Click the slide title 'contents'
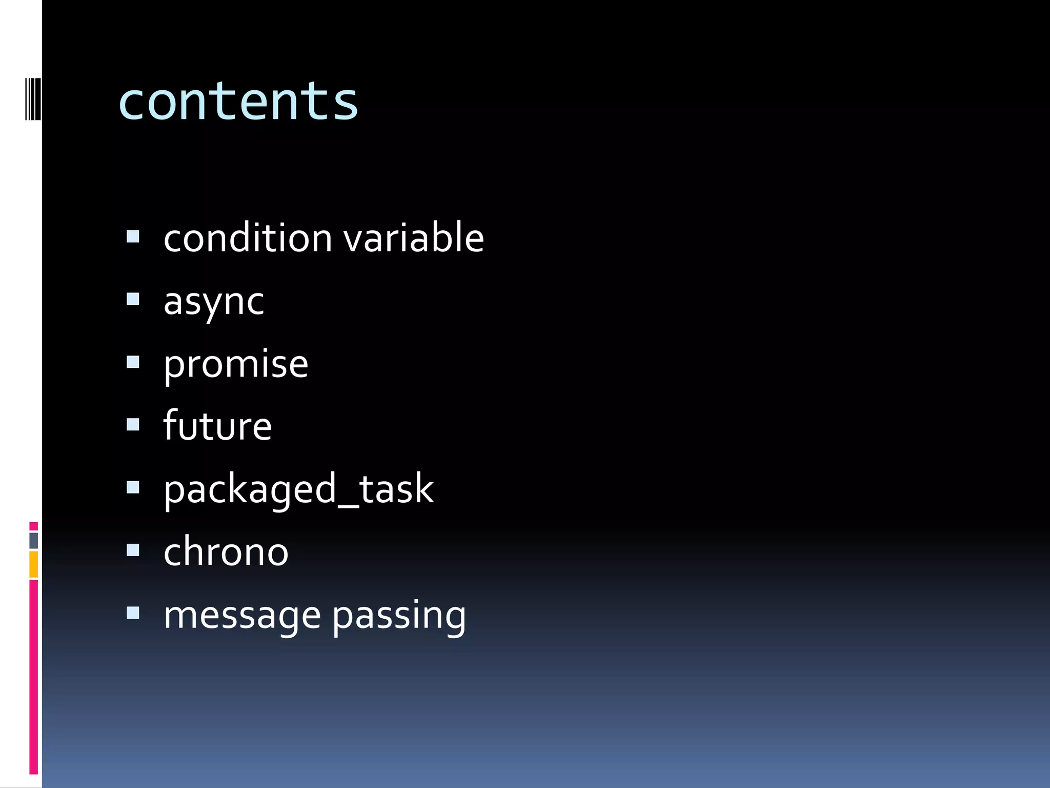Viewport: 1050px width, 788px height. coord(238,102)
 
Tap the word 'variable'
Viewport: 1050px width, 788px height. coord(413,238)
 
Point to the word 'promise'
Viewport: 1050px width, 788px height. coord(236,364)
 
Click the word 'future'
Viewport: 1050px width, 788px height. coord(217,426)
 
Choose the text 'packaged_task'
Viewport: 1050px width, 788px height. coord(298,489)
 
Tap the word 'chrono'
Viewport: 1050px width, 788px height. coord(226,552)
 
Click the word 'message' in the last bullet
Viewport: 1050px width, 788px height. coord(242,615)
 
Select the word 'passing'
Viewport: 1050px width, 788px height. coord(399,615)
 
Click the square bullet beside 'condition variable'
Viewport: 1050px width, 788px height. coord(133,236)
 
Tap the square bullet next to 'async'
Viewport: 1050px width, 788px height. coord(133,299)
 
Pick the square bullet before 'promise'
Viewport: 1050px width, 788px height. coord(133,362)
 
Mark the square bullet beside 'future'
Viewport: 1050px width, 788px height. coord(133,425)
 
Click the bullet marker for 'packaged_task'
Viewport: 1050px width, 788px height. coord(133,487)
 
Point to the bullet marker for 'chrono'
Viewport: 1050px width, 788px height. coord(133,550)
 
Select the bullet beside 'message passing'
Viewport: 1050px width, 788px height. coord(133,613)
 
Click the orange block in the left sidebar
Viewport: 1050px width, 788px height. coord(33,564)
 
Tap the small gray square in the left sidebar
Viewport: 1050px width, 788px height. coord(33,540)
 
